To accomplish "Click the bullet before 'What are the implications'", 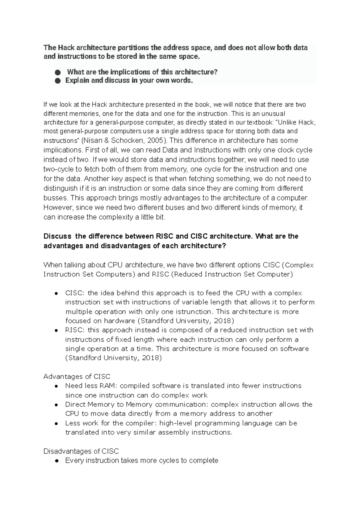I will click(x=58, y=73).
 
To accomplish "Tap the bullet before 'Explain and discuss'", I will click(x=58, y=81).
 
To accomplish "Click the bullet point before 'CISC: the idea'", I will click(x=56, y=293).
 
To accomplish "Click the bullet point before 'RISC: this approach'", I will click(x=56, y=330).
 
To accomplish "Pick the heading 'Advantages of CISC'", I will click(x=77, y=377).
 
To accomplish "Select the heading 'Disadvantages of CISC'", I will click(x=81, y=451).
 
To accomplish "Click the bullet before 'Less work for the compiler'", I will click(x=56, y=424).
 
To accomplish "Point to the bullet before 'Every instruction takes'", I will click(x=56, y=461).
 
